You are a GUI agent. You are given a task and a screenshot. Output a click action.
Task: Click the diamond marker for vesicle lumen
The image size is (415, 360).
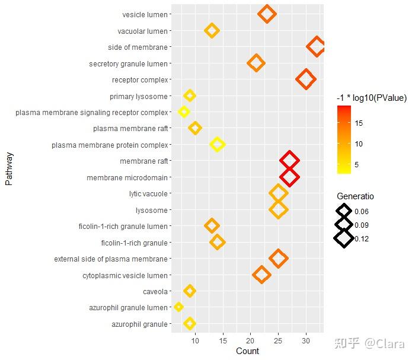[267, 14]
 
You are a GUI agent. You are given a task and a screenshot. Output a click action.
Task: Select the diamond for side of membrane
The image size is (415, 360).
[317, 47]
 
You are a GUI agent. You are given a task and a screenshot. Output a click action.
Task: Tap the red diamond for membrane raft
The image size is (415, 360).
[289, 161]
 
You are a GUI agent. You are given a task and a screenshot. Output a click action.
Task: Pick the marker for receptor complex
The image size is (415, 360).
[306, 79]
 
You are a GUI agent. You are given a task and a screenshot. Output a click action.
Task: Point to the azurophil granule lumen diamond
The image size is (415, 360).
[178, 307]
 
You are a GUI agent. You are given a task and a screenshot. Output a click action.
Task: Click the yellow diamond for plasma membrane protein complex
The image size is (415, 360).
[218, 145]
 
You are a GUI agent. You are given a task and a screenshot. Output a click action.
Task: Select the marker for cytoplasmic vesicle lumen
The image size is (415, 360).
[261, 275]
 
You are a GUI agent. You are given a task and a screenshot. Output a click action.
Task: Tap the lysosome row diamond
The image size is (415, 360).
[278, 209]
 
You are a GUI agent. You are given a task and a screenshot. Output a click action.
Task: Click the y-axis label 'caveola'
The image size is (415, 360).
[155, 291]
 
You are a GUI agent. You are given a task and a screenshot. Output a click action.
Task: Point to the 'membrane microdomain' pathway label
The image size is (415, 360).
[127, 177]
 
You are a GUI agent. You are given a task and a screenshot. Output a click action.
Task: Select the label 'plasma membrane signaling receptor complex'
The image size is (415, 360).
[92, 112]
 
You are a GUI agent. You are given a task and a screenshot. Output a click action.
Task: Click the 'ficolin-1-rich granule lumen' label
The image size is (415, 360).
[123, 226]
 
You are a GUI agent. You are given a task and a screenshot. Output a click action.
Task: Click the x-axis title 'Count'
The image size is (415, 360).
[247, 351]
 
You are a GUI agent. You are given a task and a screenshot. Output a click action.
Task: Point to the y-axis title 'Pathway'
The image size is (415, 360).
[9, 169]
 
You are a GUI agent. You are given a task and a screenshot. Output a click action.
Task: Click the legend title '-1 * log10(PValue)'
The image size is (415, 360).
[371, 98]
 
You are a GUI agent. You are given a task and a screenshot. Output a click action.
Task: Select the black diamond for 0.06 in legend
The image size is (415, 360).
[344, 211]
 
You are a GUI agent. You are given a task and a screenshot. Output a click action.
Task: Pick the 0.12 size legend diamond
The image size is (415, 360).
[344, 238]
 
